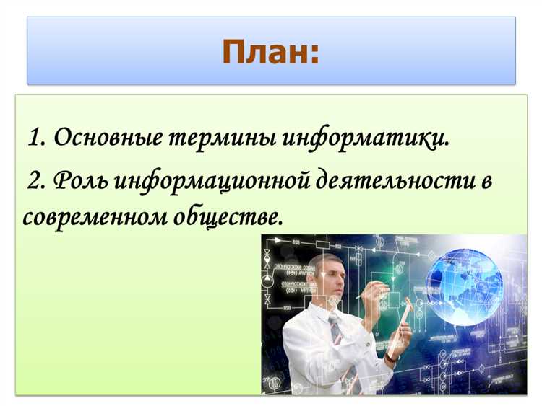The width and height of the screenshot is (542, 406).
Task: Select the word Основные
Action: tap(107, 136)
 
